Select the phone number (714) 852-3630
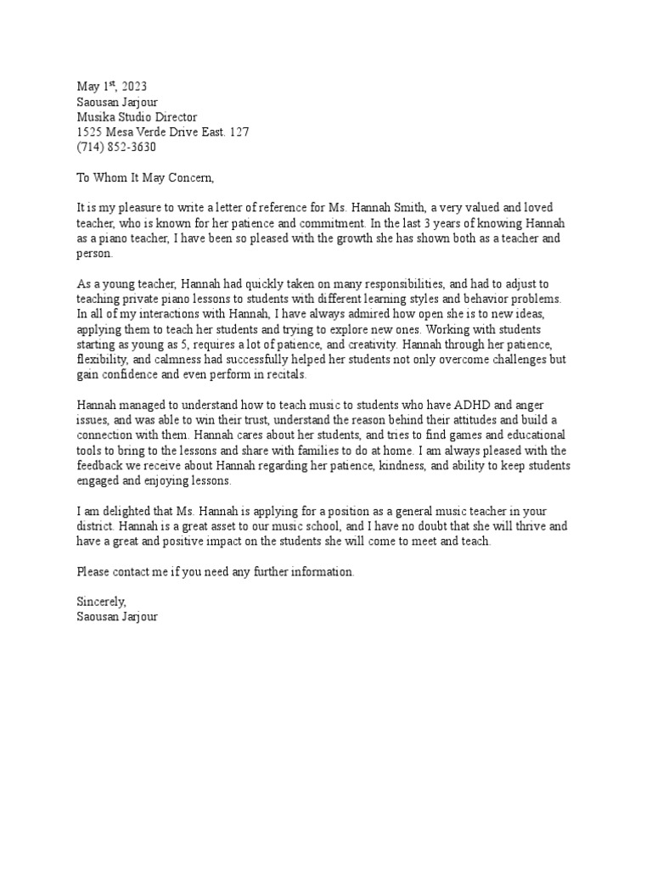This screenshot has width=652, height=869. (116, 148)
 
